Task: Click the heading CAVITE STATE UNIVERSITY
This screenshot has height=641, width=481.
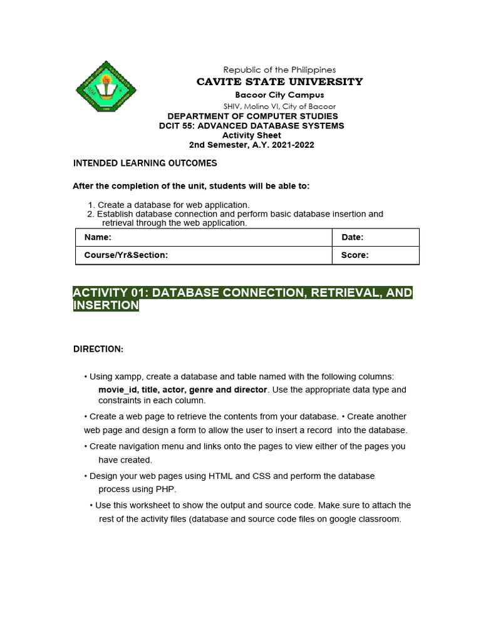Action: (279, 81)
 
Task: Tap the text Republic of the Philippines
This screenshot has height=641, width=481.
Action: (279, 69)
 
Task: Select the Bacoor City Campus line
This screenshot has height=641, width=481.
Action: (279, 95)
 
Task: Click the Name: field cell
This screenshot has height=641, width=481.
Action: (203, 237)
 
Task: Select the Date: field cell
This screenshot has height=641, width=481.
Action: (375, 237)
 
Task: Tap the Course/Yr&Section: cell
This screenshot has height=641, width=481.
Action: (203, 255)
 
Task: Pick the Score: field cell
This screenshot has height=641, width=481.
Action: (375, 255)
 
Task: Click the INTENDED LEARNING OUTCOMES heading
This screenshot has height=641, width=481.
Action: (145, 163)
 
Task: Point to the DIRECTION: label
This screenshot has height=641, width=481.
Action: (98, 349)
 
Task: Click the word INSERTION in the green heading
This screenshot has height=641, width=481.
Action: (106, 305)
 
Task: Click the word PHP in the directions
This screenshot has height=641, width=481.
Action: (167, 488)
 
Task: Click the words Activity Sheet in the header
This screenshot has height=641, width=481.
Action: (252, 135)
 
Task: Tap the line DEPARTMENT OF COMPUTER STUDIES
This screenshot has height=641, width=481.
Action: (252, 116)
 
